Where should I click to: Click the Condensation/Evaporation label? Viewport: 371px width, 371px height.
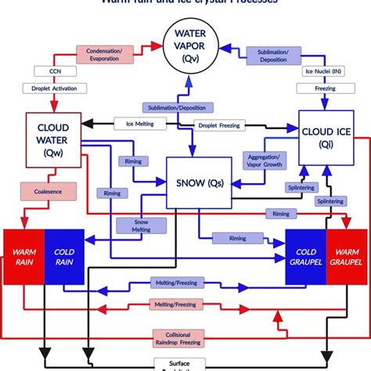tap(110, 54)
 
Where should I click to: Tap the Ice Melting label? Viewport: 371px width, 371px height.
tap(135, 123)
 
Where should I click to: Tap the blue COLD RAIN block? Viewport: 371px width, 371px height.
tap(65, 258)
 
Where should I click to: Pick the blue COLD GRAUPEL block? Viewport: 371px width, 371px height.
tap(304, 258)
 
